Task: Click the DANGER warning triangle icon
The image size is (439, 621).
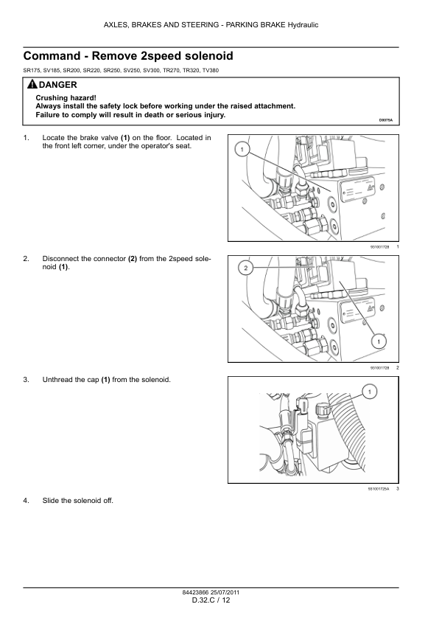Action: pyautogui.click(x=32, y=84)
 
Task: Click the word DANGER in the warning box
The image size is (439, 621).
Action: pyautogui.click(x=57, y=85)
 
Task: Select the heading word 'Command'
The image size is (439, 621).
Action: pyautogui.click(x=52, y=56)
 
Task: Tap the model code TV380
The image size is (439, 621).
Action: pyautogui.click(x=211, y=71)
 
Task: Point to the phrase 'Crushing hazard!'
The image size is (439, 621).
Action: pyautogui.click(x=66, y=98)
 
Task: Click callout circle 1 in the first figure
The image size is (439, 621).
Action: pyautogui.click(x=242, y=150)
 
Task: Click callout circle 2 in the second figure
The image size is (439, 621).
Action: pyautogui.click(x=245, y=268)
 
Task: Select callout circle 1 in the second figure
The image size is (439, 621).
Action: pyautogui.click(x=379, y=341)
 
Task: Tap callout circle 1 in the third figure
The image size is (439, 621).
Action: pyautogui.click(x=370, y=392)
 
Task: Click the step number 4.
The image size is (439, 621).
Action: pyautogui.click(x=26, y=501)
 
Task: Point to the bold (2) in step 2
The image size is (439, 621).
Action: pyautogui.click(x=133, y=259)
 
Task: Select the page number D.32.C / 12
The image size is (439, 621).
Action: pyautogui.click(x=211, y=600)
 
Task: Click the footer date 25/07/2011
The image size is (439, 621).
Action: pyautogui.click(x=225, y=593)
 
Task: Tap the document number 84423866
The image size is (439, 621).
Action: pyautogui.click(x=195, y=593)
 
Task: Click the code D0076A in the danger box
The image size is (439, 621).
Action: pyautogui.click(x=386, y=119)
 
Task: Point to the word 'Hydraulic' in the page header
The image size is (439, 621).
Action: pyautogui.click(x=303, y=25)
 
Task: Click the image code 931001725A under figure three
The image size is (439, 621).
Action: pyautogui.click(x=379, y=489)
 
